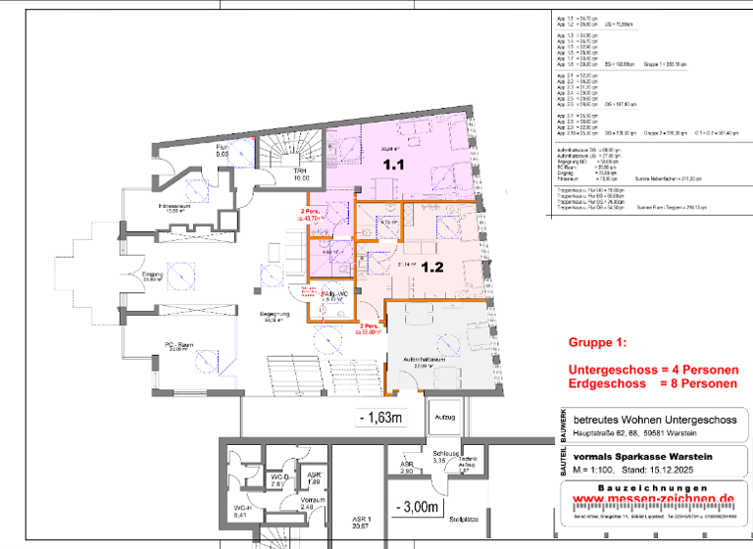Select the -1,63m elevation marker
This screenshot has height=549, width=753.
[x=382, y=418]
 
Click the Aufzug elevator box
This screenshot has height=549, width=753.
[x=443, y=418]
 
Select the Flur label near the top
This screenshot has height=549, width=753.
[x=222, y=147]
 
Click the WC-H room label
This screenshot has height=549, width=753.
[x=240, y=509]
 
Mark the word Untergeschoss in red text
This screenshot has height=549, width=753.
[x=613, y=369]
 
